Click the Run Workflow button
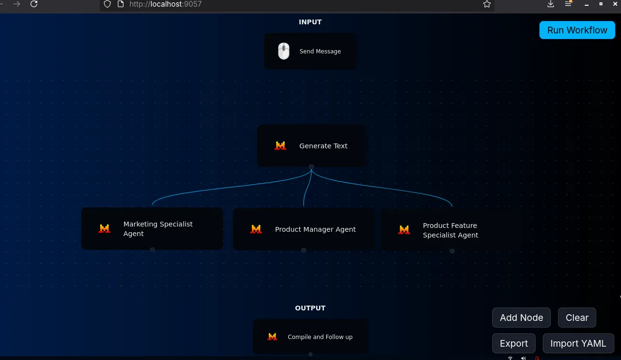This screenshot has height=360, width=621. pos(577,30)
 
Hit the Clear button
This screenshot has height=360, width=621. pos(577,317)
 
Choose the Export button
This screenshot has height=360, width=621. pos(514,343)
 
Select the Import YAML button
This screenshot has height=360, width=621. pos(578,343)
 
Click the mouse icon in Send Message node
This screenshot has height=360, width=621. pos(284,51)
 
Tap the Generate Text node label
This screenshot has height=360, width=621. pos(323,146)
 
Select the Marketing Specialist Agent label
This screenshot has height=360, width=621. pos(158,229)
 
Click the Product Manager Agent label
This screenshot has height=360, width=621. pos(315,229)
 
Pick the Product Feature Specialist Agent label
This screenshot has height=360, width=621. pos(451,230)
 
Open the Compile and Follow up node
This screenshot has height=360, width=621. pos(310,337)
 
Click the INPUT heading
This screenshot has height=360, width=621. pos(310,22)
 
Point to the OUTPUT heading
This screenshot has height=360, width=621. pos(310,308)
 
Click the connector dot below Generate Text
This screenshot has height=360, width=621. pos(311,167)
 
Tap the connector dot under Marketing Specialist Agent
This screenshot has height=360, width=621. pos(152,250)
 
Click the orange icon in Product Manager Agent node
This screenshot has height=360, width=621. pos(256,229)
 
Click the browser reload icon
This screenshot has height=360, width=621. pos(34,4)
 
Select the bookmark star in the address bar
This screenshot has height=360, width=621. pos(487,4)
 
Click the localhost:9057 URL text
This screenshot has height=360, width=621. pos(166,4)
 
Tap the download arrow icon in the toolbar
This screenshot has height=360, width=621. pos(550,4)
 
